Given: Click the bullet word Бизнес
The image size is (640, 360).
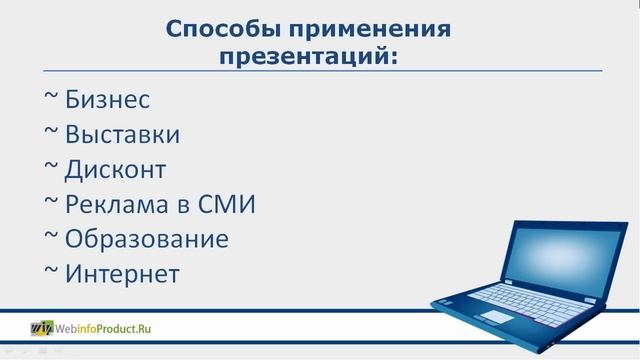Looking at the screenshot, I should click(x=107, y=100).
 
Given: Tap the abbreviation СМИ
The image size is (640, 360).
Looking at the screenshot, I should click(x=227, y=205).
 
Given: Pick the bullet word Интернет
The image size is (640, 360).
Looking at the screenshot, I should click(x=122, y=274).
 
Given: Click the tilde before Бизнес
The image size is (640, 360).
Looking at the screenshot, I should click(x=52, y=98).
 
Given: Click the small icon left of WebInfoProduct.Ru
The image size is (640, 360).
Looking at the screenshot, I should click(x=42, y=327).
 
